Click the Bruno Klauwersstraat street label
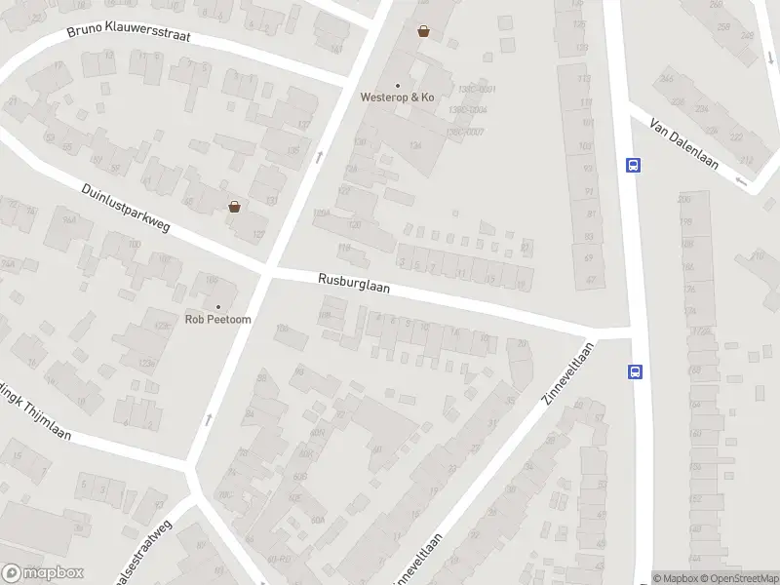(x=129, y=33)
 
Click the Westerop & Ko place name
(x=397, y=97)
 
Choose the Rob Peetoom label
(x=218, y=319)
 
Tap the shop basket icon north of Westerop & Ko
(x=423, y=31)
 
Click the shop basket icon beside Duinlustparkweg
(x=234, y=206)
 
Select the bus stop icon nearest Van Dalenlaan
(x=634, y=165)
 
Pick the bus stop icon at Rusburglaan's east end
(x=635, y=370)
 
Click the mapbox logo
(x=43, y=572)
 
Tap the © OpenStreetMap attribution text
(x=738, y=578)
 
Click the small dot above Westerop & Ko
(x=397, y=85)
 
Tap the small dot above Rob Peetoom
(x=218, y=307)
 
